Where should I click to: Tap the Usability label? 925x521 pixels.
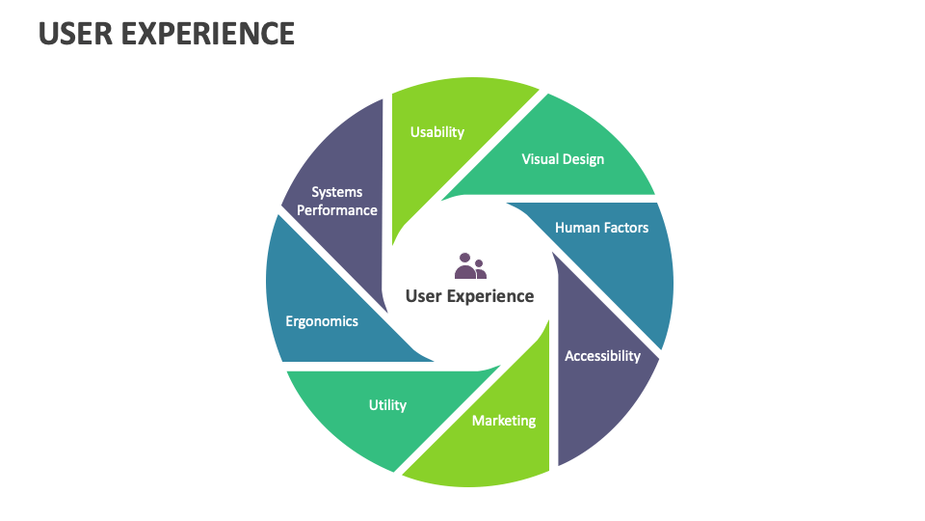[x=437, y=132]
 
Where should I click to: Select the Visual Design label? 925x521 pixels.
[x=563, y=158]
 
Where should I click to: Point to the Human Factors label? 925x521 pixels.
[x=601, y=228]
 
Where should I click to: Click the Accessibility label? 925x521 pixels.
[x=602, y=356]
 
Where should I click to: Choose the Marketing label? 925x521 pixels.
[x=504, y=421]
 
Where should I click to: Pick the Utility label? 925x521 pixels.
[x=387, y=405]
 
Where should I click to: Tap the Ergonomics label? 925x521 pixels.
[x=322, y=321]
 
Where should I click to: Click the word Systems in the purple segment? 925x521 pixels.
[x=337, y=192]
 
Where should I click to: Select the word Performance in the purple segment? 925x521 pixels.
[x=337, y=209]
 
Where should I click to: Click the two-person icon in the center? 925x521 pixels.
[x=470, y=266]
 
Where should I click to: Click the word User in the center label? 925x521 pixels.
[x=424, y=296]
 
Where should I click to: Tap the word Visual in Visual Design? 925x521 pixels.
[x=541, y=158]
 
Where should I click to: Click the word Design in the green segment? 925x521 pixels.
[x=584, y=158]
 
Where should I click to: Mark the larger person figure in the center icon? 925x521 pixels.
[x=465, y=265]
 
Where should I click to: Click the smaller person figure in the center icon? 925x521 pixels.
[x=480, y=270]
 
